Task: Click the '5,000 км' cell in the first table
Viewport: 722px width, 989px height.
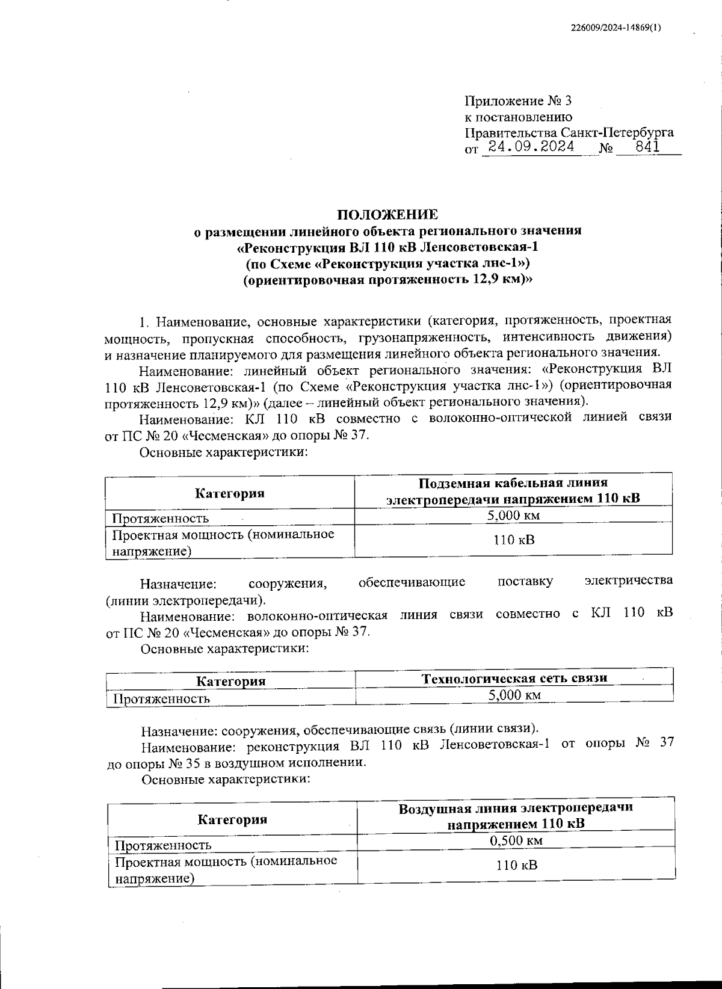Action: [513, 516]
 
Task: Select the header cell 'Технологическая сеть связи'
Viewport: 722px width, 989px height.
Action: [514, 678]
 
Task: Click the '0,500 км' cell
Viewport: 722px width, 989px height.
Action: [516, 840]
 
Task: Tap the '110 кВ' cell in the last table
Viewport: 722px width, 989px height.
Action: [516, 866]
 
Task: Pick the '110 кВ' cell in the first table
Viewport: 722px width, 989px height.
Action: [513, 540]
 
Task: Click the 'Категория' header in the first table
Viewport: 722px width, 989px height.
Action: [229, 493]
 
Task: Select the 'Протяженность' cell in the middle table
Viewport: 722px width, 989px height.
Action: [162, 698]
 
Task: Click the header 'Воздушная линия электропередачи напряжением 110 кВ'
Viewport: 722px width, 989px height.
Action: [515, 815]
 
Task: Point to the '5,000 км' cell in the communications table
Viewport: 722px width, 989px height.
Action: [514, 695]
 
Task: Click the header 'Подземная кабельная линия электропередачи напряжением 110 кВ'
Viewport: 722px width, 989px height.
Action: [513, 490]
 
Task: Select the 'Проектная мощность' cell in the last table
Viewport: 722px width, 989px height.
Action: [226, 869]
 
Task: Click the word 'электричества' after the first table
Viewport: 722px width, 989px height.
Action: [628, 581]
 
